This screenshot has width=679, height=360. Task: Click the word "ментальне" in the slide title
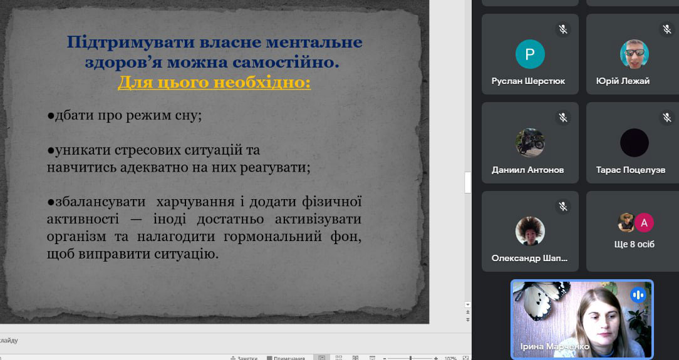(x=314, y=42)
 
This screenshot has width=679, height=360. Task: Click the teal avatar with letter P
(x=530, y=54)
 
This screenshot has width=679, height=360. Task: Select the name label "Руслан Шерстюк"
(x=528, y=81)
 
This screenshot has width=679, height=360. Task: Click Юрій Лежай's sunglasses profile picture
(x=635, y=54)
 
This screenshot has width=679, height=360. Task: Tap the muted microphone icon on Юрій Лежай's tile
(x=667, y=29)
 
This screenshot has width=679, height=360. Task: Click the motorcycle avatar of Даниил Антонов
(x=530, y=143)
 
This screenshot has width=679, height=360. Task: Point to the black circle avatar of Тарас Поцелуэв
(x=635, y=143)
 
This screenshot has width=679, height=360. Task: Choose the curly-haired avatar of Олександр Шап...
(x=530, y=232)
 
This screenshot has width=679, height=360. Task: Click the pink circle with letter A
(x=644, y=223)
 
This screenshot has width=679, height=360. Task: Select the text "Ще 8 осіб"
(x=635, y=244)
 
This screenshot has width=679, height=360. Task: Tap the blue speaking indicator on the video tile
(x=638, y=295)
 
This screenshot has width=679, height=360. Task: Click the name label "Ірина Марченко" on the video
(x=555, y=347)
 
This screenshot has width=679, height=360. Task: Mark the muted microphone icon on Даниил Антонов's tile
(x=563, y=117)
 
